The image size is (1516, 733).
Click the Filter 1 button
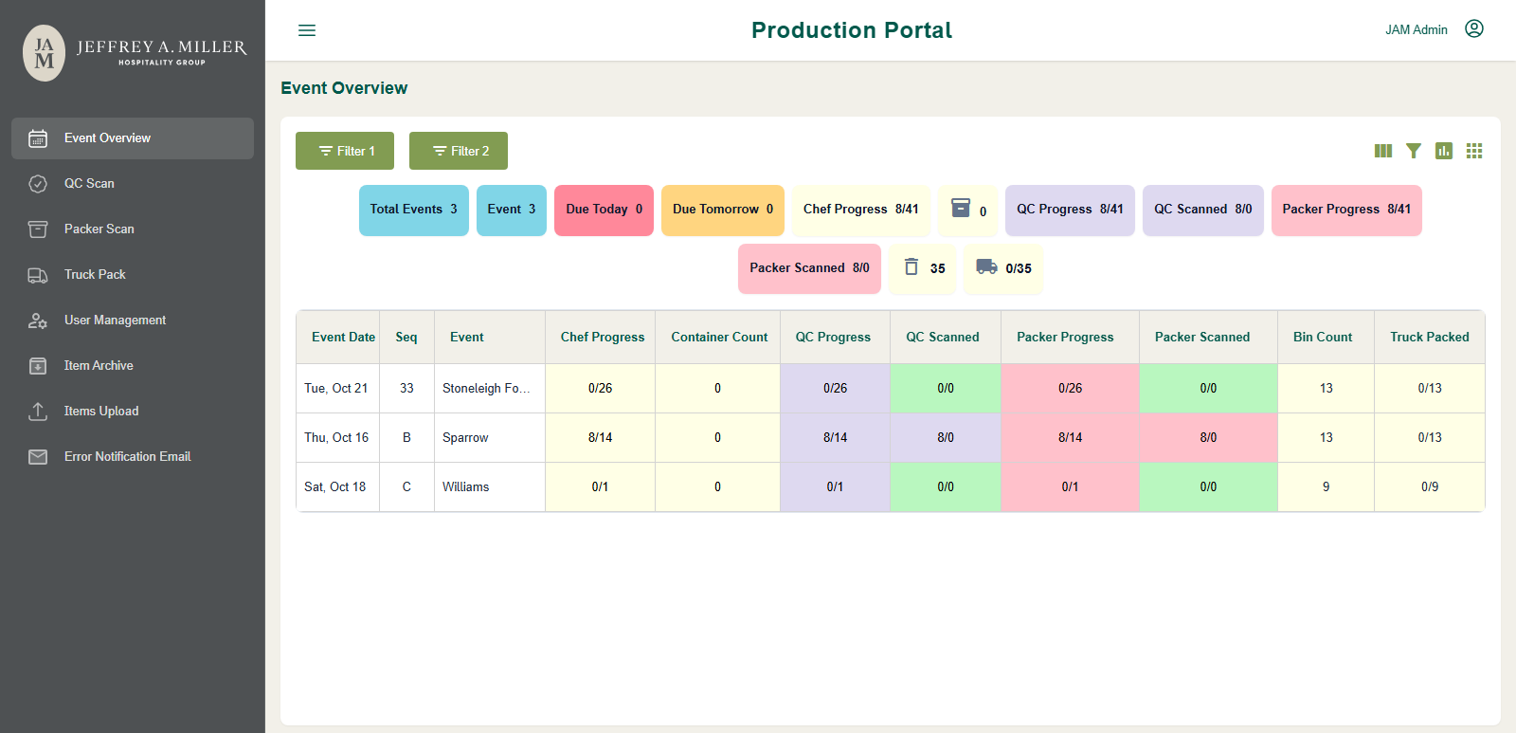click(345, 151)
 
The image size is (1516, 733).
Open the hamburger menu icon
click(307, 30)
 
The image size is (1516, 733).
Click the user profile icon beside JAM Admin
click(1474, 28)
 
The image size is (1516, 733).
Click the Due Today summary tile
click(604, 210)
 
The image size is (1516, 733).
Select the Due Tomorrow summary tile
click(723, 210)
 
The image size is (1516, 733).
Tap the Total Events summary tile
click(413, 210)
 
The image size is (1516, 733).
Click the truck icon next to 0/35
click(986, 266)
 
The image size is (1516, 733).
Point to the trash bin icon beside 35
click(911, 266)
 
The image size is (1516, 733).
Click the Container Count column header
click(719, 338)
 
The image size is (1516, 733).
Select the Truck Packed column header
click(1430, 338)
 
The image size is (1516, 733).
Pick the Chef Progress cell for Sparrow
click(601, 438)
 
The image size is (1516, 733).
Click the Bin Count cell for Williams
click(1326, 487)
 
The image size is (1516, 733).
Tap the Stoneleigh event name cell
click(489, 388)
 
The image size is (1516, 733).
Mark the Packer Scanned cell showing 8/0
click(1208, 438)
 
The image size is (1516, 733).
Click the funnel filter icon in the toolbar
click(1413, 151)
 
